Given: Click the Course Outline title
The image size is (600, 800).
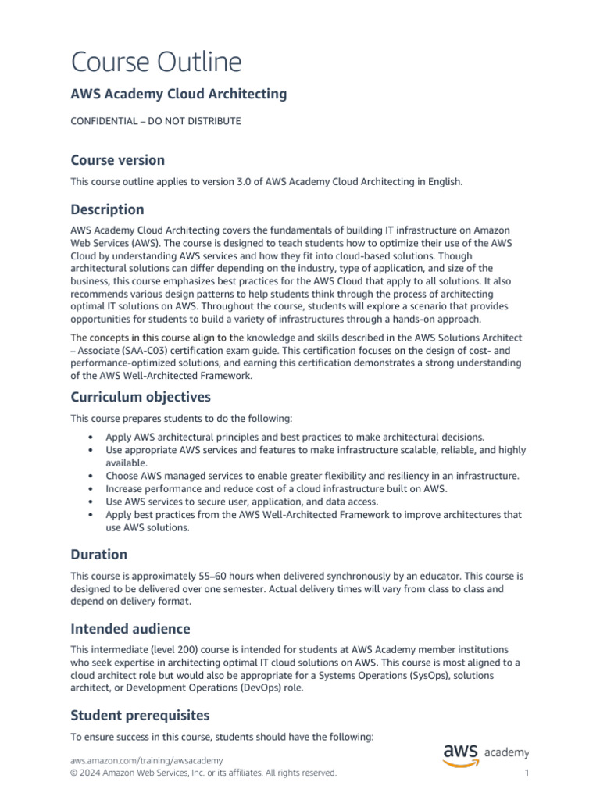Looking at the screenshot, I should (156, 62).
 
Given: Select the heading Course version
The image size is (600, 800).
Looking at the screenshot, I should (118, 160).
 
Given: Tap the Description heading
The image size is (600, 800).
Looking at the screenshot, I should (107, 209).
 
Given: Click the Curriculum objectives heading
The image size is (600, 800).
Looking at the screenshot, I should (141, 397).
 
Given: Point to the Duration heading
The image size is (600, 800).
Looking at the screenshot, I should (98, 555).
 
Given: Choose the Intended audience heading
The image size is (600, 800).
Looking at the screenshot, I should (130, 629).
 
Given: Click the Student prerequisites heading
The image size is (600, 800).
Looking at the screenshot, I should (140, 715).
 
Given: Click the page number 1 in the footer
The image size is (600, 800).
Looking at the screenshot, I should (527, 773).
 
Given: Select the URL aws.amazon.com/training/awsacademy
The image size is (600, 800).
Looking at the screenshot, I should (146, 760).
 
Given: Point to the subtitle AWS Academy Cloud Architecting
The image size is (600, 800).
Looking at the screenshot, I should (179, 95).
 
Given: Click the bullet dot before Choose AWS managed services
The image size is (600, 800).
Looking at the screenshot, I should (92, 476).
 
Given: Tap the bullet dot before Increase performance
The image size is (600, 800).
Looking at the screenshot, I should (92, 488).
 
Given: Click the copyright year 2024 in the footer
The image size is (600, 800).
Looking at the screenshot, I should (91, 773).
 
